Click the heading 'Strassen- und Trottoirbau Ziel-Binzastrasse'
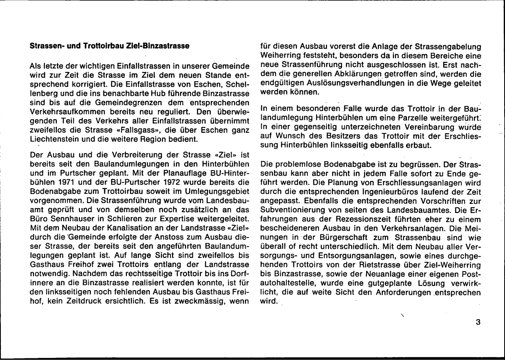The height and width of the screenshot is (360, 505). (x=109, y=46)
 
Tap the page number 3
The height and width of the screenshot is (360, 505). (x=478, y=323)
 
